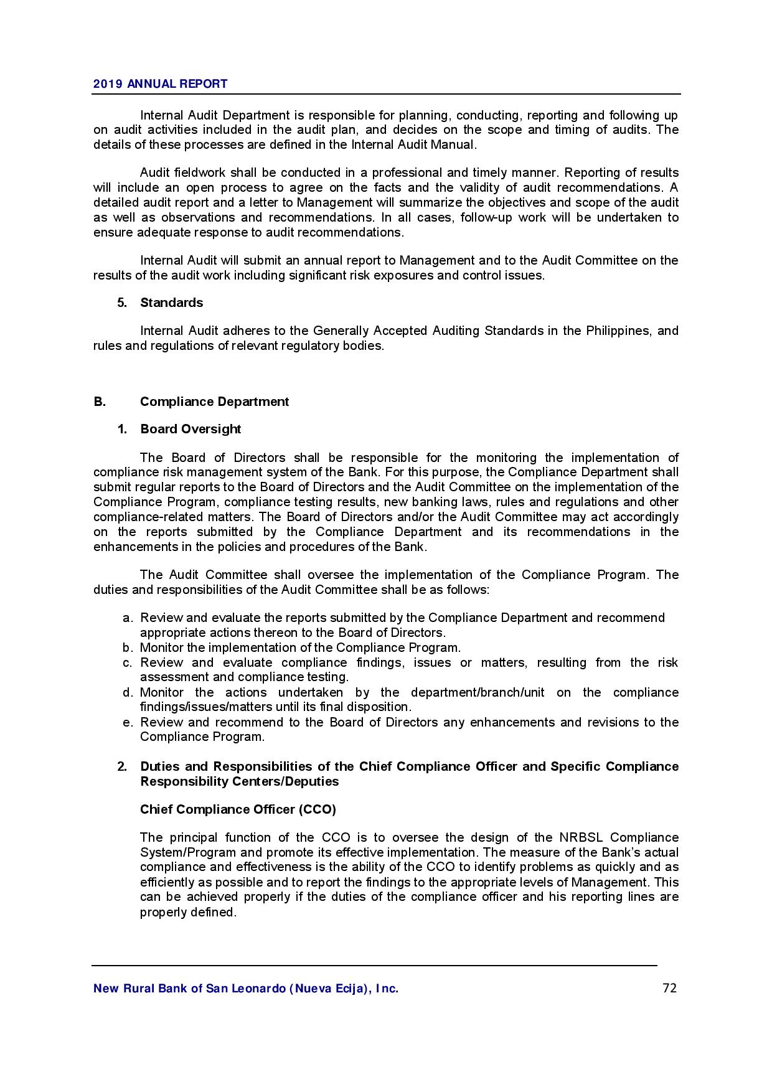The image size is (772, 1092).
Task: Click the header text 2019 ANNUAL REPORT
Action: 160,83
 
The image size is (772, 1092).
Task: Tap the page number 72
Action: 669,988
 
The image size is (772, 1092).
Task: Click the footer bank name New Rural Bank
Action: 245,989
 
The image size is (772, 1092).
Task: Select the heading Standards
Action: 171,303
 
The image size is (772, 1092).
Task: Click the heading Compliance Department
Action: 214,402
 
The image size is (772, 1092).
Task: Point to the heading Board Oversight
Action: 191,429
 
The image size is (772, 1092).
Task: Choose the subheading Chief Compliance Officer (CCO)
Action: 238,809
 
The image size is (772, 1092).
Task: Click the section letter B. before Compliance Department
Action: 100,402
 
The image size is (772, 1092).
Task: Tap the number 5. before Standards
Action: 122,303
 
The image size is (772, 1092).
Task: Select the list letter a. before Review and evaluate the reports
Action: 128,618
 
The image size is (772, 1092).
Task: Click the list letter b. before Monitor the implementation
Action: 128,647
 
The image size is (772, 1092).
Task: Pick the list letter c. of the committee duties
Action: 128,662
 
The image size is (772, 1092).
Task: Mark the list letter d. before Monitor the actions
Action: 128,692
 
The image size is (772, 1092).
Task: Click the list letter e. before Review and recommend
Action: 128,722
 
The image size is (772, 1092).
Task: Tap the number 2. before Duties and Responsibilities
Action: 122,766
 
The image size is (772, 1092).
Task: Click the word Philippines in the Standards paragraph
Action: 617,331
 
